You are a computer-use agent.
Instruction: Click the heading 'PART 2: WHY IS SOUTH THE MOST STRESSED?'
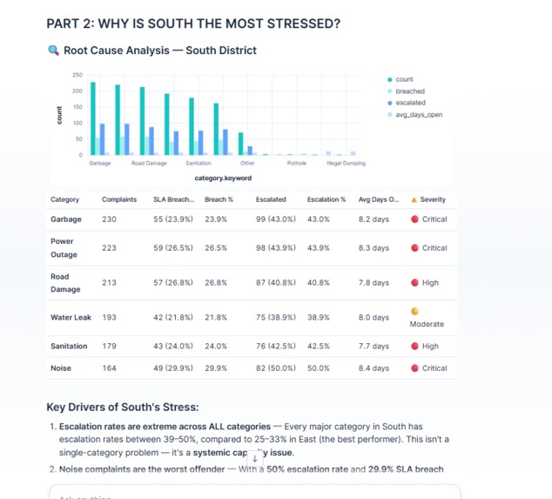192,24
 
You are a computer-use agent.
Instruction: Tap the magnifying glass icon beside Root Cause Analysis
53,51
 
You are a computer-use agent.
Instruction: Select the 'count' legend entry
404,79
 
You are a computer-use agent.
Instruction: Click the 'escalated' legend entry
410,103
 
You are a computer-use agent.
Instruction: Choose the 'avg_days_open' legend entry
419,114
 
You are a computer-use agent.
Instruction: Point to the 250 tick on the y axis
77,75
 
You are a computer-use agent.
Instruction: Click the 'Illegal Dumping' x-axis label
346,163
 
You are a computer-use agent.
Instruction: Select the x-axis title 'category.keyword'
223,178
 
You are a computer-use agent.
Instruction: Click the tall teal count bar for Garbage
93,118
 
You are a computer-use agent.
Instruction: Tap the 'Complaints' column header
119,199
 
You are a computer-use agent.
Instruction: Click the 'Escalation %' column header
326,199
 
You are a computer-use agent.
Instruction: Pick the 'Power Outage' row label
63,248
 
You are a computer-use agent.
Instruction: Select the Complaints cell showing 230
109,219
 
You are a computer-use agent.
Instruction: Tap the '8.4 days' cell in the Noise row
374,368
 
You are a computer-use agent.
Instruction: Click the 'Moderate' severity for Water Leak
427,324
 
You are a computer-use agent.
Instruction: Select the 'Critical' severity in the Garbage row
434,219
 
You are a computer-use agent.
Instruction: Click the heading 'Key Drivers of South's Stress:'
123,408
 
